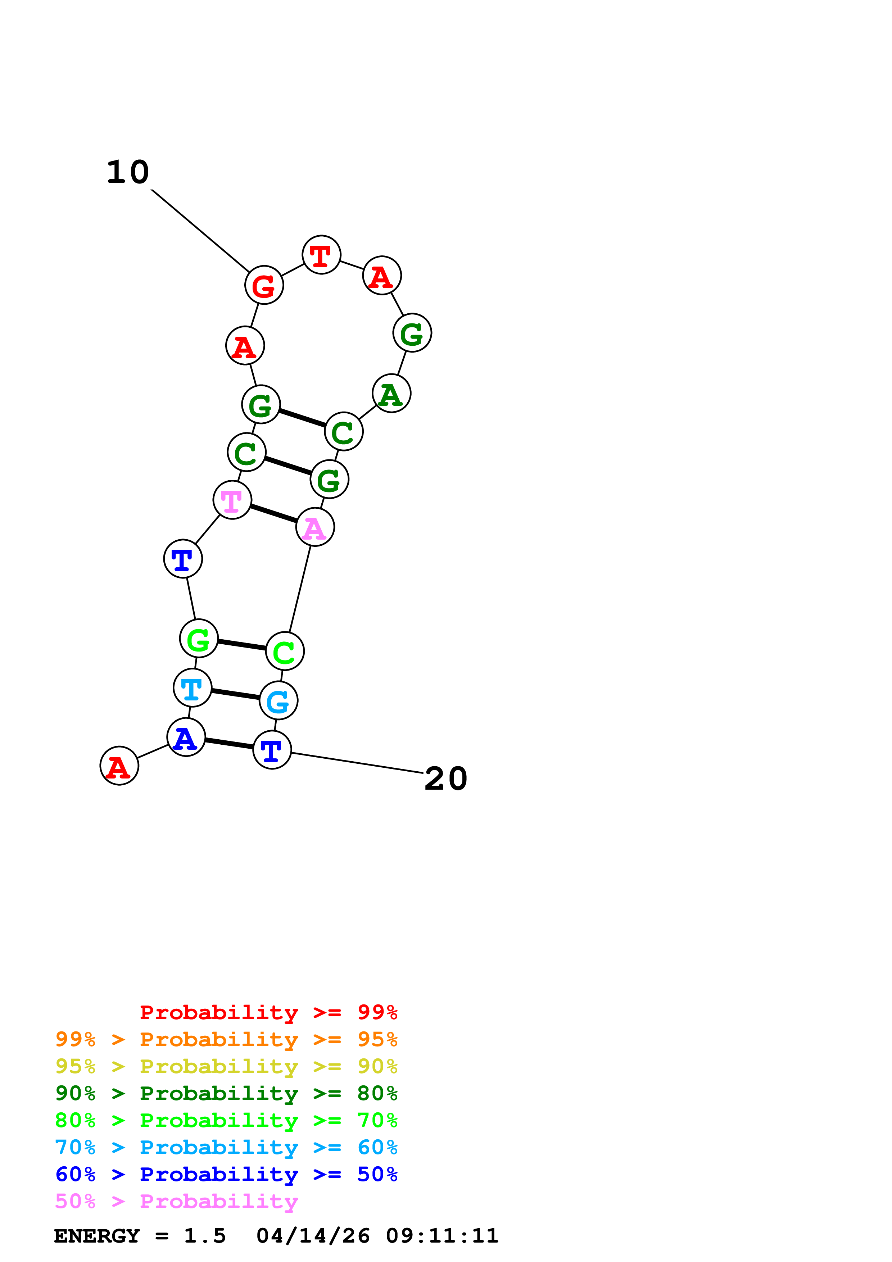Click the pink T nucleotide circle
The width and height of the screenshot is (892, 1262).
pyautogui.click(x=232, y=500)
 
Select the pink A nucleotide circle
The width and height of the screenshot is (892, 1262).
pyautogui.click(x=315, y=527)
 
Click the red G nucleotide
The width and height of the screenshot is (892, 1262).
pyautogui.click(x=264, y=285)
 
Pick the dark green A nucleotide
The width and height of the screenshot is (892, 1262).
pyautogui.click(x=391, y=394)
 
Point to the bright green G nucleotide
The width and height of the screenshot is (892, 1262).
pyautogui.click(x=199, y=638)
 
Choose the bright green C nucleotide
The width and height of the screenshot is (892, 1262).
pyautogui.click(x=285, y=652)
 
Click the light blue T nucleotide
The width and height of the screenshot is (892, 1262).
pyautogui.click(x=193, y=687)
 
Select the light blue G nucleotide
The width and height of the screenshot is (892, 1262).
pyautogui.click(x=278, y=701)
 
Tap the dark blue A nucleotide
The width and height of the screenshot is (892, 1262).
pyautogui.click(x=186, y=737)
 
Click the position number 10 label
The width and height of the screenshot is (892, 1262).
pyautogui.click(x=127, y=172)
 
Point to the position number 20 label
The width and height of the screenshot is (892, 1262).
pyautogui.click(x=446, y=778)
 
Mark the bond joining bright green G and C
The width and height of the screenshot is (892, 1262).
pyautogui.click(x=242, y=645)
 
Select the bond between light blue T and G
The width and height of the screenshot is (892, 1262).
pyautogui.click(x=235, y=694)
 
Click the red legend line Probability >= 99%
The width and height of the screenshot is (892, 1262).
pyautogui.click(x=268, y=1012)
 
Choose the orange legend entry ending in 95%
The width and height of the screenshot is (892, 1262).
pyautogui.click(x=226, y=1039)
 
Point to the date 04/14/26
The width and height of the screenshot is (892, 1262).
pyautogui.click(x=313, y=1236)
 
